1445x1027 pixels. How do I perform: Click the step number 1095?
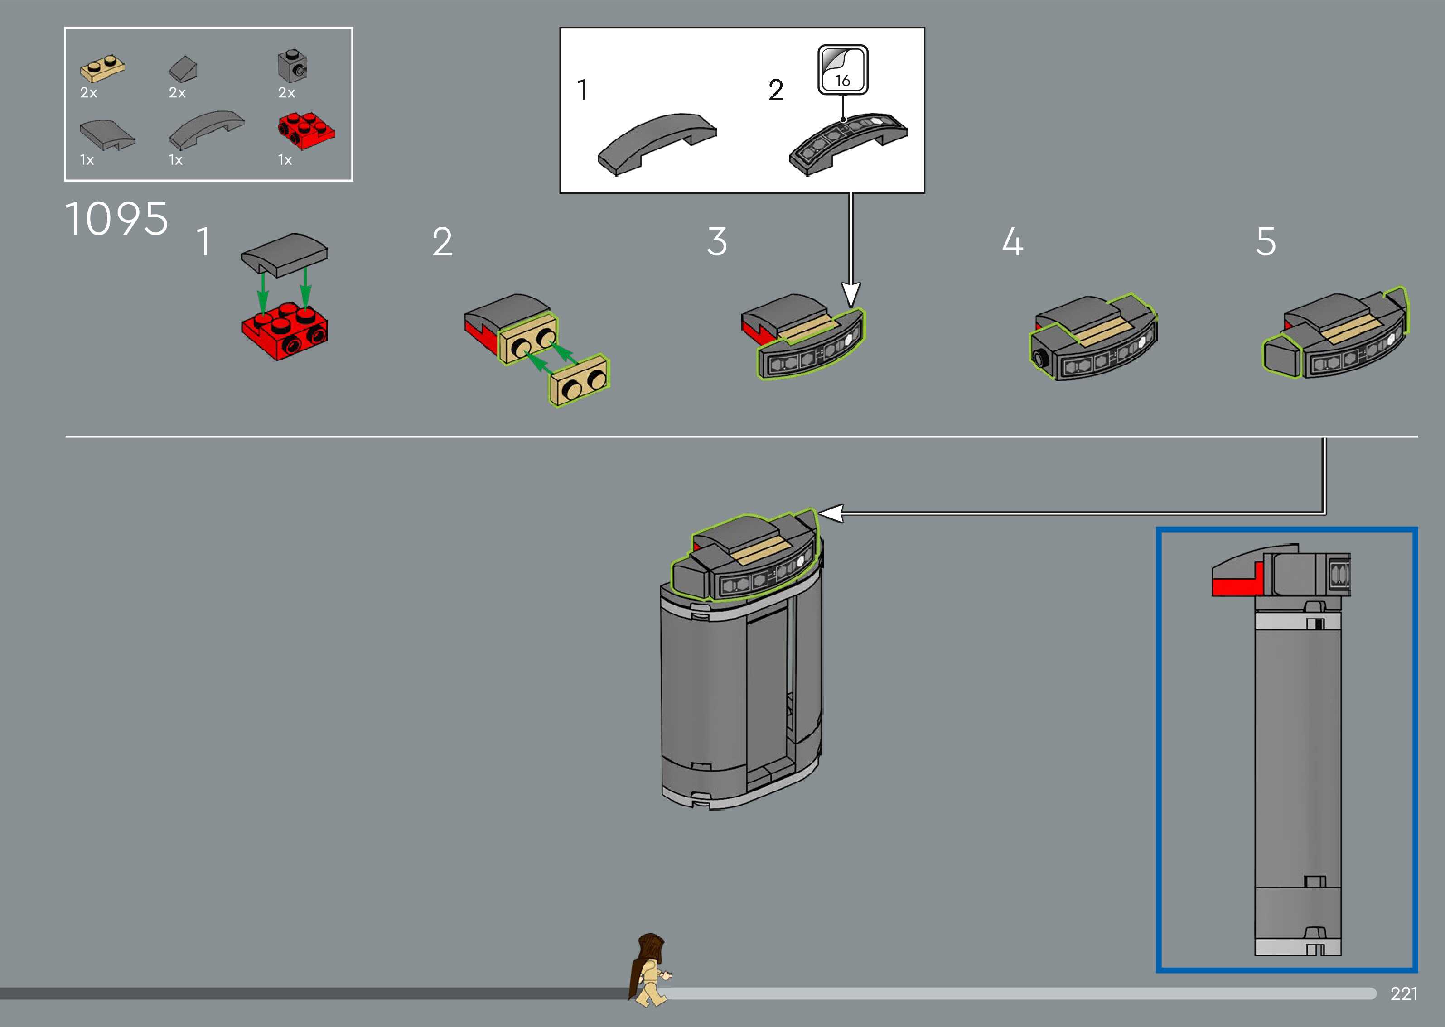(117, 219)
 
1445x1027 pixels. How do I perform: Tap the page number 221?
(1404, 993)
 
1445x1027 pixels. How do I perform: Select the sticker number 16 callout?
(843, 70)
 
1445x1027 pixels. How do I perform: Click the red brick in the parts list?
(306, 131)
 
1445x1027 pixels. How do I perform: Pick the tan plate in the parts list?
(102, 69)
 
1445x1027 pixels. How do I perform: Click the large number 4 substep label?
(1013, 241)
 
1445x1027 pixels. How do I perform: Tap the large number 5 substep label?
(1266, 241)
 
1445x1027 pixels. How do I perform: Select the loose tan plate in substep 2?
(579, 380)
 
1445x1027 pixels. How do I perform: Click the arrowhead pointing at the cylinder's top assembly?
(830, 513)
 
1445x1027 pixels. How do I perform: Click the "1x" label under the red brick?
(285, 160)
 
